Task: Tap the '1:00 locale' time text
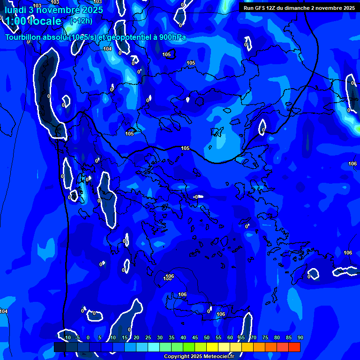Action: tap(32, 22)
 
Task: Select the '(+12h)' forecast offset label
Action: tap(81, 21)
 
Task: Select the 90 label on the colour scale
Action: tap(300, 337)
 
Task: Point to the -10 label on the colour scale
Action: tap(66, 337)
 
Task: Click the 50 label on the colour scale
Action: tap(206, 337)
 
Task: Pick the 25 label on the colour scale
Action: tap(148, 337)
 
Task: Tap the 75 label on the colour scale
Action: tap(265, 337)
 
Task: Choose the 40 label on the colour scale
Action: tap(183, 337)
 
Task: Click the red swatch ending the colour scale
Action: tap(294, 347)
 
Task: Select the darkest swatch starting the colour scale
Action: tap(60, 347)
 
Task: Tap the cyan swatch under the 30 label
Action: tap(153, 347)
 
